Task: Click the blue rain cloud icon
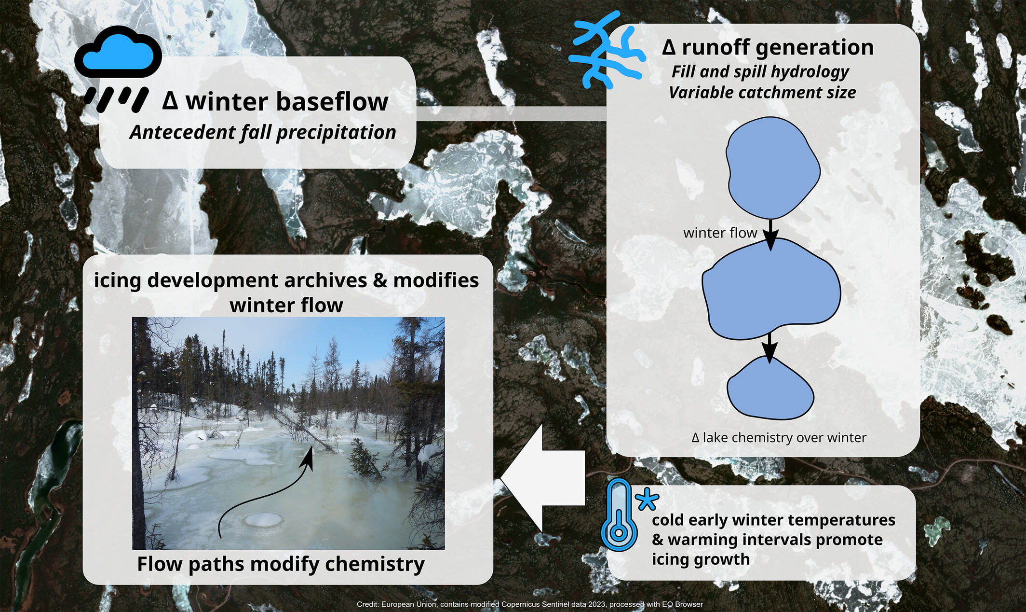tap(118, 68)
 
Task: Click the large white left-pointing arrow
tap(543, 478)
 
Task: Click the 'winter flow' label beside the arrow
tap(720, 233)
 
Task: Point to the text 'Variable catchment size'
tap(762, 93)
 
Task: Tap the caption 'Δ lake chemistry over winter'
tap(779, 438)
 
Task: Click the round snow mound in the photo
tap(263, 520)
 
